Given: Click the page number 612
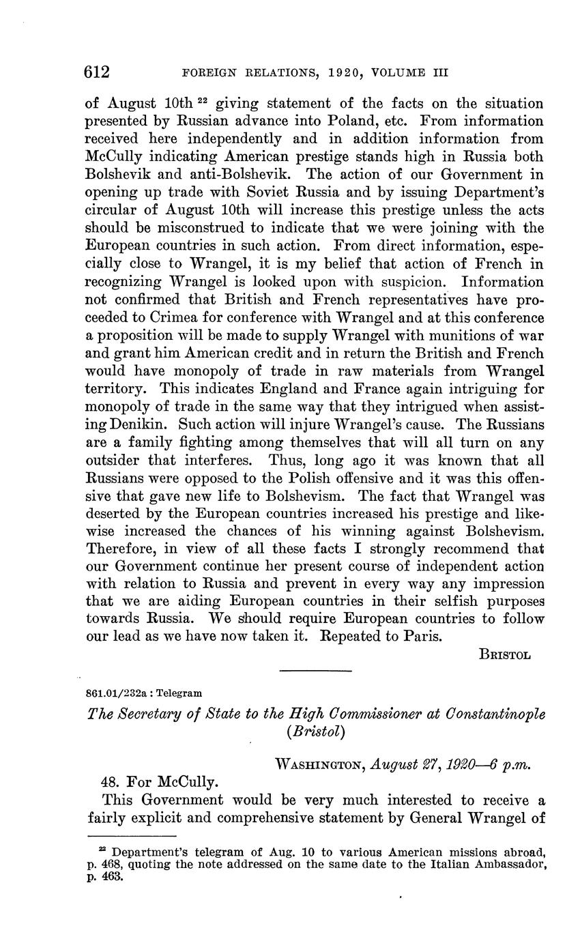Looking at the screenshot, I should [x=97, y=72].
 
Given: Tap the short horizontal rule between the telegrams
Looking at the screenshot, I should [x=316, y=671].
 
